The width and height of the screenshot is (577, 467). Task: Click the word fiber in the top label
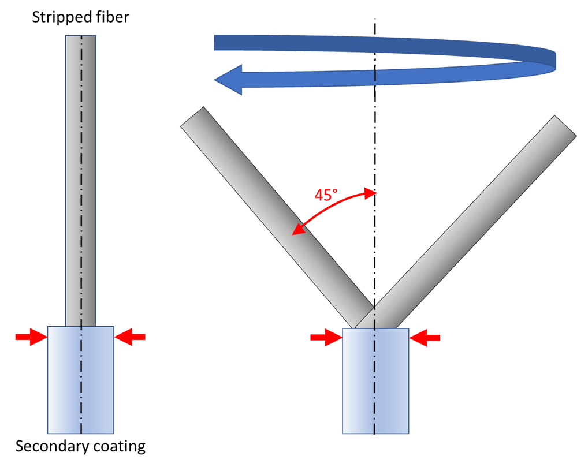114,18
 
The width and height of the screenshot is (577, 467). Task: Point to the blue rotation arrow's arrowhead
228,80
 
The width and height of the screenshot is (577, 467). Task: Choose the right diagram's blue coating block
375,381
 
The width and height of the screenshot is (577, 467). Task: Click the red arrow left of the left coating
30,337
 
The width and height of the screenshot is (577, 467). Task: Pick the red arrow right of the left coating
131,337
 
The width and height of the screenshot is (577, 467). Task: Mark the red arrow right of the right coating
426,337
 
